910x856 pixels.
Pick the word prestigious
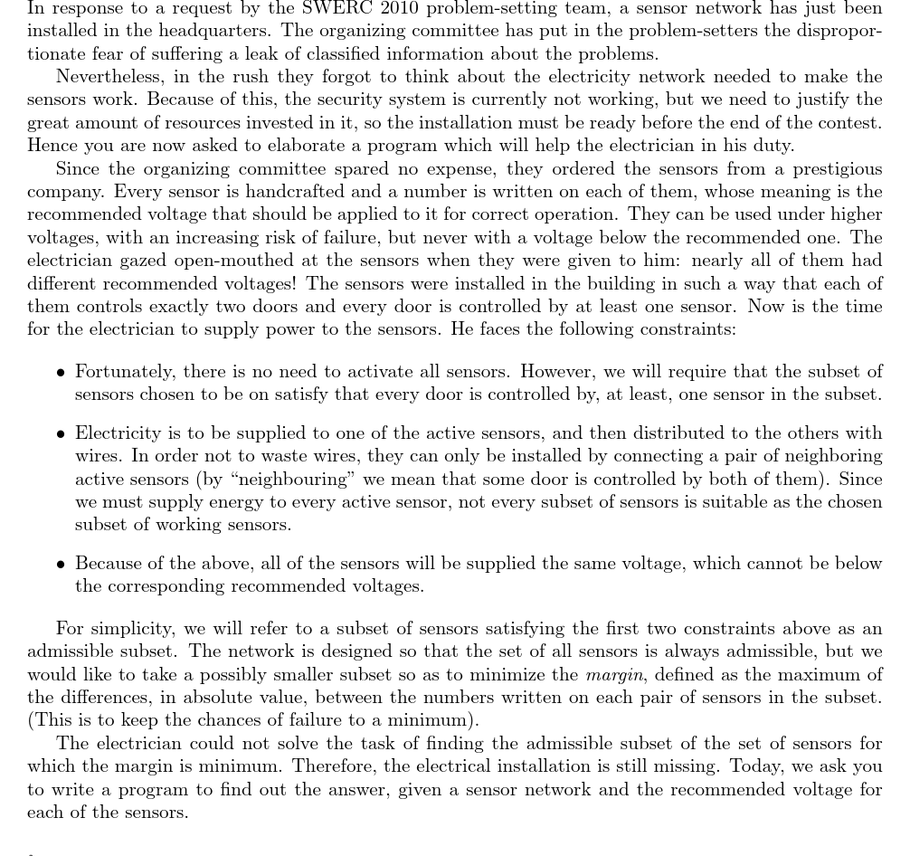[825, 168]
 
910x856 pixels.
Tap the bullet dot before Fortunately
[61, 373]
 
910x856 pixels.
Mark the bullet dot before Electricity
[61, 434]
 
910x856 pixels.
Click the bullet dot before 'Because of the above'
[61, 565]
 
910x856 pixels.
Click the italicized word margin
[614, 674]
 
